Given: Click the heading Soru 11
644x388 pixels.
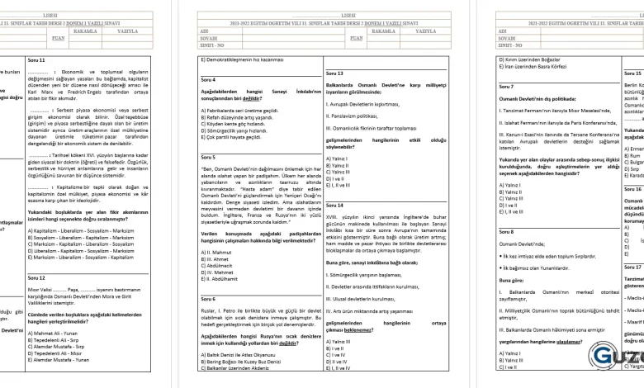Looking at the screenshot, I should pyautogui.click(x=36, y=60).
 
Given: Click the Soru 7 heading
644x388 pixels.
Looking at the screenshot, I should pyautogui.click(x=506, y=86).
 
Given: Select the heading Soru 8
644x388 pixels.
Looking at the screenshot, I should pyautogui.click(x=506, y=232).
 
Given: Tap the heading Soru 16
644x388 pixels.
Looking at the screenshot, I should pyautogui.click(x=633, y=189).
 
